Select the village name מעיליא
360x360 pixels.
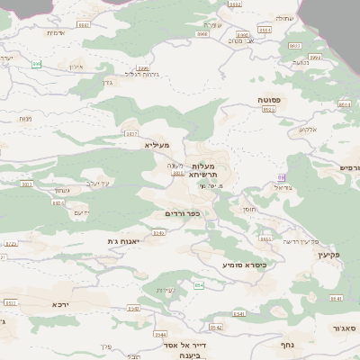point(156,143)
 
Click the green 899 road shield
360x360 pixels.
point(37,64)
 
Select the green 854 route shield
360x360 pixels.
point(200,285)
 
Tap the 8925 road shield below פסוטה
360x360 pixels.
point(267,109)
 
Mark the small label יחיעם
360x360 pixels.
point(80,212)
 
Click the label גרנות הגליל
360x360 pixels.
point(141,74)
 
